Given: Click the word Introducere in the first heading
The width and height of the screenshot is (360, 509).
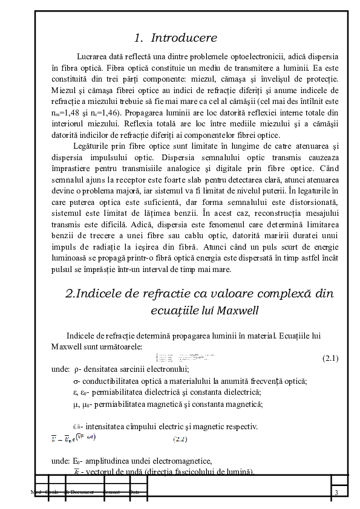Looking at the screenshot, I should click(184, 37).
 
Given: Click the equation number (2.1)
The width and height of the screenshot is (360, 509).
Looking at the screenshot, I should click(331, 358).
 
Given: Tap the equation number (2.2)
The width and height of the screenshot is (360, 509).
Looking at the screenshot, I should click(181, 439).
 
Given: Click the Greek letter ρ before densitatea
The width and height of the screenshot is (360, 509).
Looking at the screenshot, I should click(76, 369).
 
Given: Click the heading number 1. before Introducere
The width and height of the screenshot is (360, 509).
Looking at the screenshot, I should click(139, 37).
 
